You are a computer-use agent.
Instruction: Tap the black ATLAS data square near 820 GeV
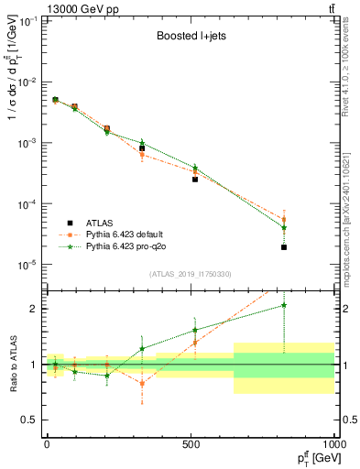[x=284, y=247]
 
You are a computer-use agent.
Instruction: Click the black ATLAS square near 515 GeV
[x=195, y=180]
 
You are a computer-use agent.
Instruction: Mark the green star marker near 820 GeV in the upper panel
[x=284, y=227]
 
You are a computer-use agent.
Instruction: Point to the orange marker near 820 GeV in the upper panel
[x=284, y=219]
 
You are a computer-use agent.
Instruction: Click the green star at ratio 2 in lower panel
[x=284, y=305]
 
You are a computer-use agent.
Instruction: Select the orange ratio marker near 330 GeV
[x=142, y=383]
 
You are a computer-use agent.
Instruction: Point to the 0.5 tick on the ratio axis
[x=34, y=420]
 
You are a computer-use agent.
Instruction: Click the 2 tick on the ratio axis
[x=37, y=309]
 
